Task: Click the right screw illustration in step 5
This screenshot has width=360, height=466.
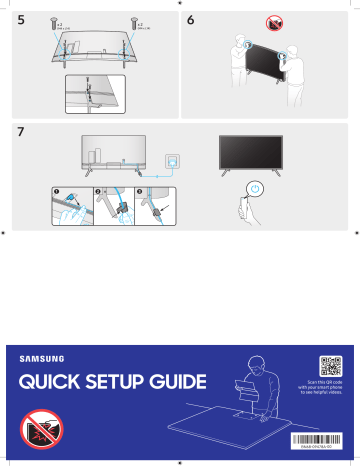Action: [x=130, y=20]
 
